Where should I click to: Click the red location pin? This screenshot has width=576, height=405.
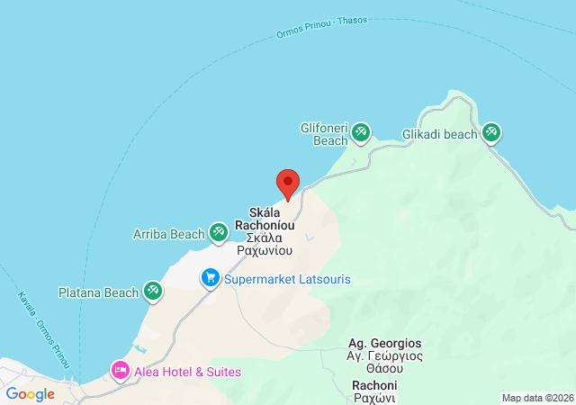point(287,183)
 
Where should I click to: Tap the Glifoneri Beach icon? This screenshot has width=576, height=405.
point(361,134)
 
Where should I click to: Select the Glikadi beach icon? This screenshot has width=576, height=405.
point(491,134)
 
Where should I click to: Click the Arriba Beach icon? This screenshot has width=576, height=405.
point(219,234)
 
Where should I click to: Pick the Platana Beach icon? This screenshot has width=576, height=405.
point(154,292)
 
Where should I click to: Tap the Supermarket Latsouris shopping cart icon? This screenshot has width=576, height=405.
point(211,279)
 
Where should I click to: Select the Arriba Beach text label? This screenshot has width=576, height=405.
point(169,235)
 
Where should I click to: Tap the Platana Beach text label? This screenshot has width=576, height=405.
point(98,292)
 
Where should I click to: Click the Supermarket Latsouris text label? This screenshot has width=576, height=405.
point(287,279)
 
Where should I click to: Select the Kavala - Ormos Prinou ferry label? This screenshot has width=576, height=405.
point(43,328)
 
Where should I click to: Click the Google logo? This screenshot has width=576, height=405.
point(31,393)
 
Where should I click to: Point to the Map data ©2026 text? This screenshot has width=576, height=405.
point(536,398)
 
